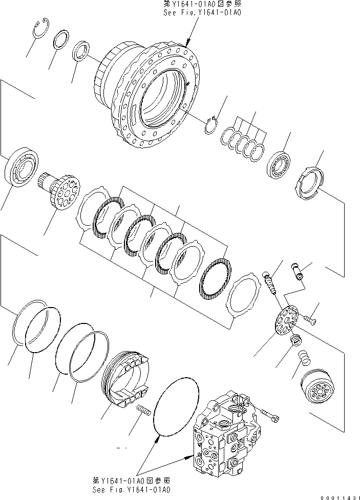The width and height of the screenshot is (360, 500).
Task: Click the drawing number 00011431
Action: tap(338, 495)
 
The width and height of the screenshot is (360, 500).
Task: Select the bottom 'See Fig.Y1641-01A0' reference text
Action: tap(131, 489)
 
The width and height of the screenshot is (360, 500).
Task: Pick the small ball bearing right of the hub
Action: tap(280, 165)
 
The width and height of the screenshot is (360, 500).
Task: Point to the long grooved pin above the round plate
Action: tap(270, 282)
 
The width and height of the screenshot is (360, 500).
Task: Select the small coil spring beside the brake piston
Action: tap(143, 410)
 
